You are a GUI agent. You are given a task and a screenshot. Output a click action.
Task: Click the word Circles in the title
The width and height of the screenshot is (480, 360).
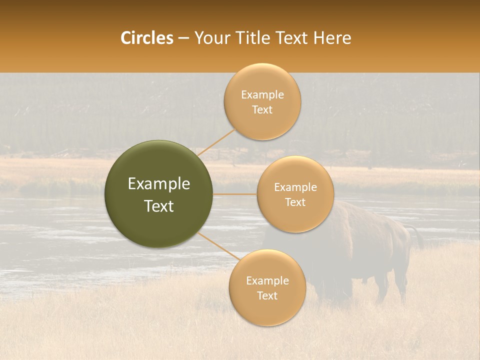[147, 38]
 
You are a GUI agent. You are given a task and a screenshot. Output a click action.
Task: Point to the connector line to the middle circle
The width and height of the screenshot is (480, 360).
[235, 194]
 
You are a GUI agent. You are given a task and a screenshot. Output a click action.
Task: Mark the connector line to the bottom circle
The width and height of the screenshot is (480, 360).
[219, 245]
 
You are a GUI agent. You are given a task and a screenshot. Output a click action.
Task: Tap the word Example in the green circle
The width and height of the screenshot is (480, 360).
[158, 184]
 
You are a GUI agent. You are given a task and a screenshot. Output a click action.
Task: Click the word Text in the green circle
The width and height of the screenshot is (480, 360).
[158, 206]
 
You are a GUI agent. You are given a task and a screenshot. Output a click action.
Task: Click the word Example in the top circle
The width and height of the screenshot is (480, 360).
[262, 95]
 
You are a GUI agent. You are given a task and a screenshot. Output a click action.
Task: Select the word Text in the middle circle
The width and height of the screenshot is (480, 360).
[295, 202]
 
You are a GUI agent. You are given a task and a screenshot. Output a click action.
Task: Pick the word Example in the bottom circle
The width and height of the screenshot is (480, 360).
[267, 280]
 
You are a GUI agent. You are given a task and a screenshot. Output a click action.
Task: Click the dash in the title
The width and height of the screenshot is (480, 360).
[183, 38]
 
